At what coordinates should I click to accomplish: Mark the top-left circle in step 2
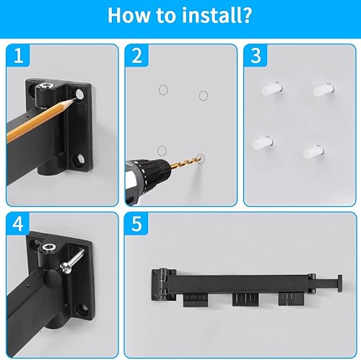coord(163,89)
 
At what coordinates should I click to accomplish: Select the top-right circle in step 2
coord(203,95)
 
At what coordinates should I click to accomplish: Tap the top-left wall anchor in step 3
coord(266,89)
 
